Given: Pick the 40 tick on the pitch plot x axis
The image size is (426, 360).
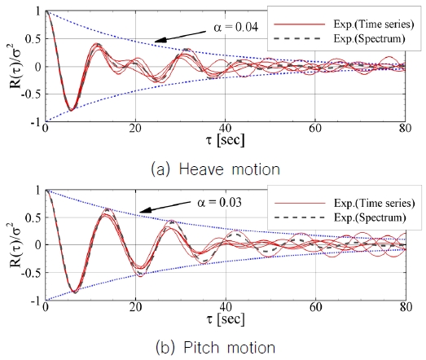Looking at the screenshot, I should [225, 310].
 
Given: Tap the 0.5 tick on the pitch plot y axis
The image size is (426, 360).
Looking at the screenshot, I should [33, 217].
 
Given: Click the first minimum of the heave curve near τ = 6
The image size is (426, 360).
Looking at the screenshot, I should [71, 109].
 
